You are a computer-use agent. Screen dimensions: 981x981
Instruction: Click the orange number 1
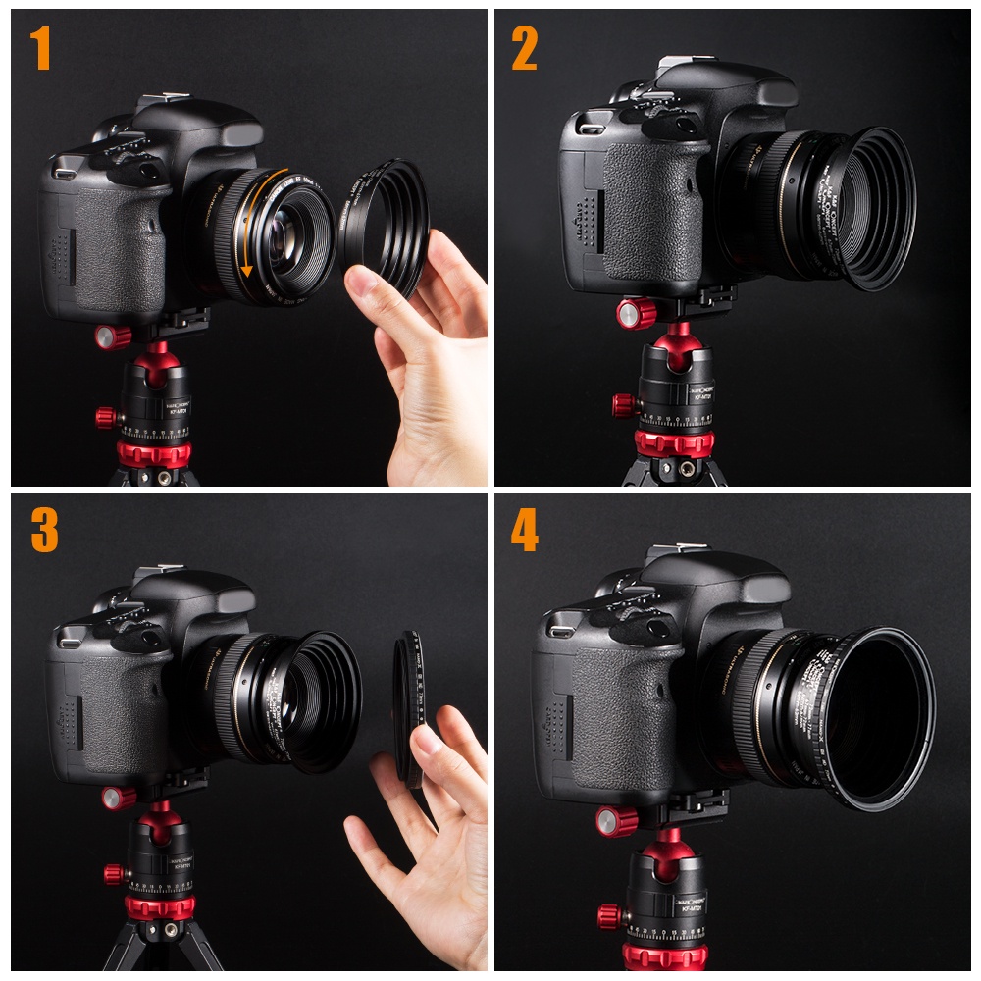(40, 49)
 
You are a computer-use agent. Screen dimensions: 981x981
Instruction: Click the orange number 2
(524, 49)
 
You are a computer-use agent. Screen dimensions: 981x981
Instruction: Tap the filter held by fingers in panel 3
(408, 706)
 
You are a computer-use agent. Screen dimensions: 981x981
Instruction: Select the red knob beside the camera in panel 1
(114, 337)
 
